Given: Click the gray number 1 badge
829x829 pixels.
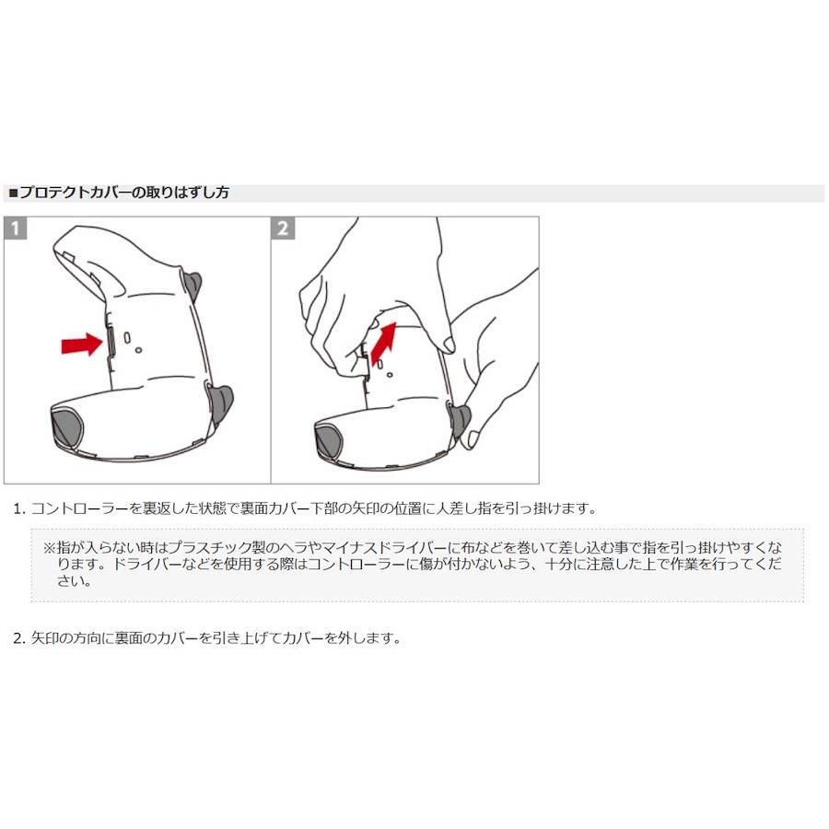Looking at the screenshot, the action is (16, 228).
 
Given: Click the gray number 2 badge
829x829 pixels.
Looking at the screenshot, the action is (283, 228).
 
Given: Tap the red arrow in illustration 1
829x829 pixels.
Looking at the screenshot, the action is (82, 344).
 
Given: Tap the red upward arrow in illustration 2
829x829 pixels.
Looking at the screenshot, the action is (384, 344).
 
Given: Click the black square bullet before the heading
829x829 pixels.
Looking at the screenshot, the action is (13, 193).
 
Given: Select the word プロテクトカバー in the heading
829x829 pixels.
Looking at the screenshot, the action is (75, 193).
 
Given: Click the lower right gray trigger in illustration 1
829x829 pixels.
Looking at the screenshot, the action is (219, 404).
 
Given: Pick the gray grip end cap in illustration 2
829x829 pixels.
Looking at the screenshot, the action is (328, 442).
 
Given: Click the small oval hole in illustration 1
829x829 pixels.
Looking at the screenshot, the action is (127, 337).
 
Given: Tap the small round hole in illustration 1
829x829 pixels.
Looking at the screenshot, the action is (138, 350).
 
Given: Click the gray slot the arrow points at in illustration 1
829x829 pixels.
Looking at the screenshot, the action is (111, 342).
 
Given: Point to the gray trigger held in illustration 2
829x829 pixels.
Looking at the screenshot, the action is (460, 420).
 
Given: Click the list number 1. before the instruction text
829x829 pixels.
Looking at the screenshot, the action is (19, 509).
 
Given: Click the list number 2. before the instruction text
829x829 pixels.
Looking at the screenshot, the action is (19, 638).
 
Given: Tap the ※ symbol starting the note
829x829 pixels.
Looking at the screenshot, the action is (49, 547).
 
